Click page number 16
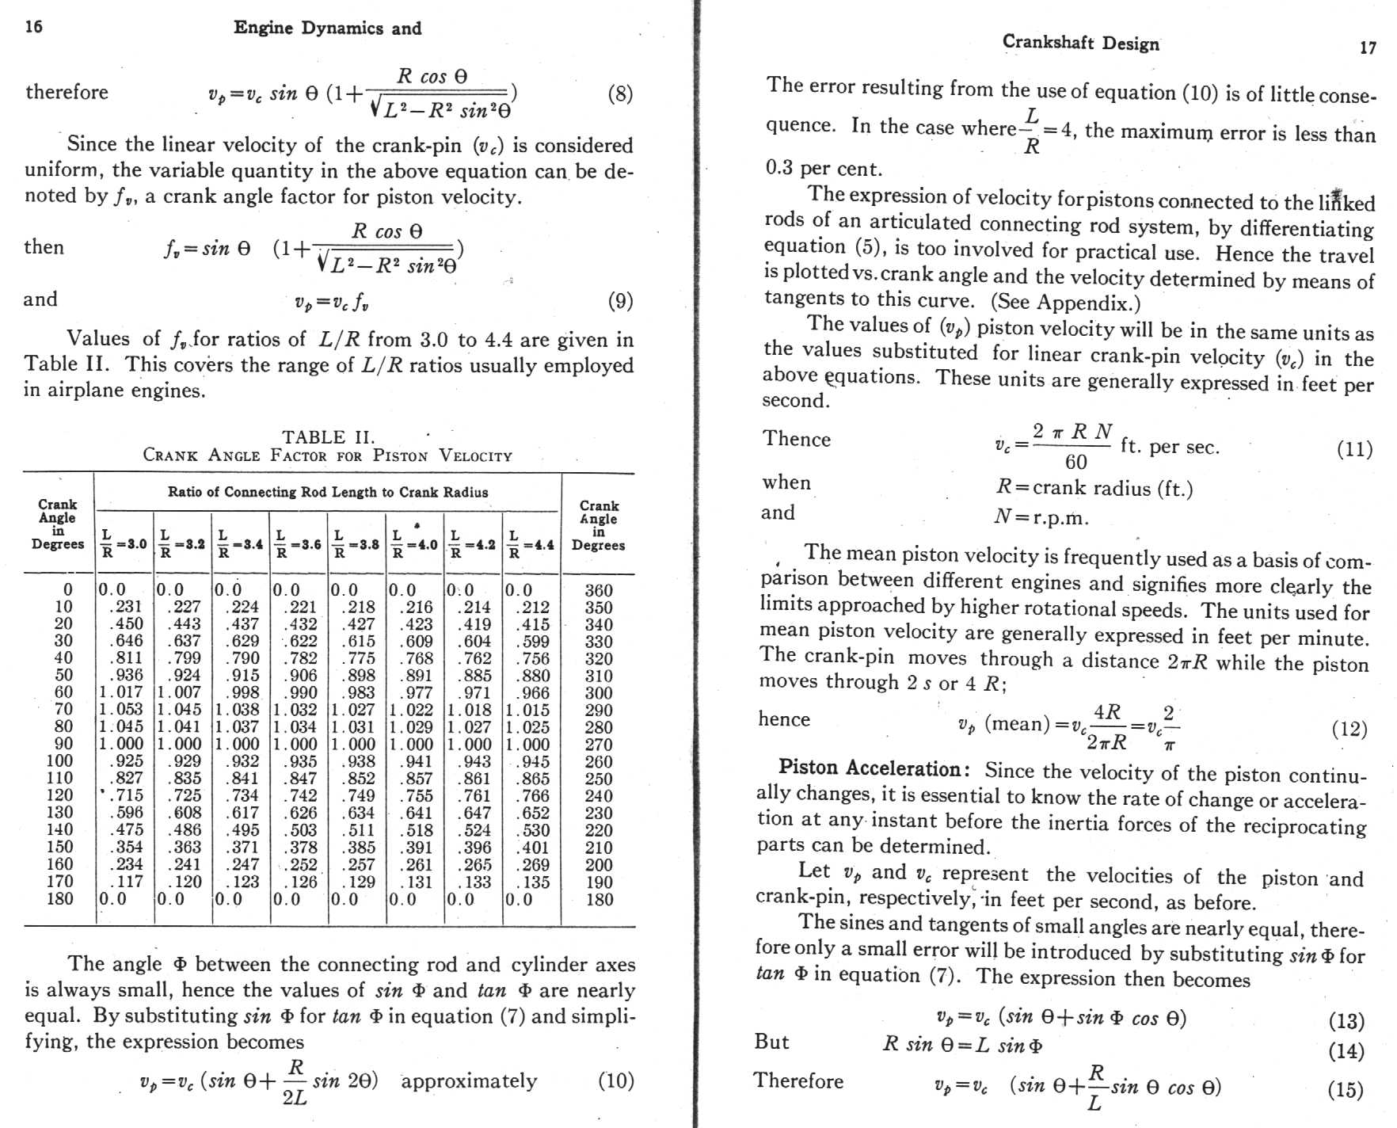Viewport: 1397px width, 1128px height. (33, 27)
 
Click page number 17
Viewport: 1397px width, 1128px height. (1367, 48)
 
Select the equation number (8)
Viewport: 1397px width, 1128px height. (619, 94)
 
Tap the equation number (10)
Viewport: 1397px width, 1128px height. (615, 1080)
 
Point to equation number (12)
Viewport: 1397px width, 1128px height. (1349, 729)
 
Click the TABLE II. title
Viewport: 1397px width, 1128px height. (328, 437)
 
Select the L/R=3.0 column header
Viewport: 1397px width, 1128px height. (124, 543)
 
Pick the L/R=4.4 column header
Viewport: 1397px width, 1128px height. (531, 544)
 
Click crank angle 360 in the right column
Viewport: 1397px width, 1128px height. (598, 590)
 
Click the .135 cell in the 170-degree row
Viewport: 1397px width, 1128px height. (532, 882)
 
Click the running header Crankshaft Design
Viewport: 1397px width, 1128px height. (1080, 43)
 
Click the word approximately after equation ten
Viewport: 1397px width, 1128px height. (469, 1081)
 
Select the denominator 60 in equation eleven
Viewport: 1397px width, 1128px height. (1075, 462)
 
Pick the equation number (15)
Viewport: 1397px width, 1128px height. (1345, 1090)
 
